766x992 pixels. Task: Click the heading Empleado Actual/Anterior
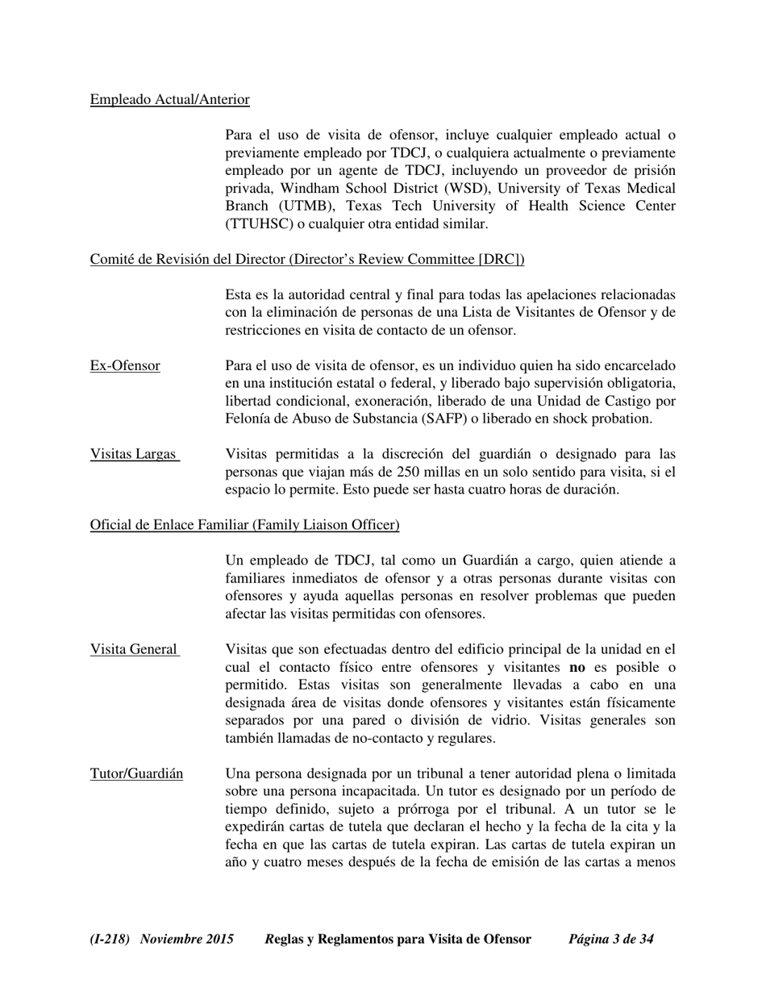coord(169,99)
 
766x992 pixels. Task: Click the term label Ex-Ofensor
coord(125,366)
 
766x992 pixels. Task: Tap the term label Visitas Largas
coord(133,454)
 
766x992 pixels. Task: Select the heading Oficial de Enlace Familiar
coord(244,525)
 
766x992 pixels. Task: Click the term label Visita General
coord(134,649)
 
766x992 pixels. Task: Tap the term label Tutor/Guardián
coord(136,774)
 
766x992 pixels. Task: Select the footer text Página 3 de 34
coord(611,939)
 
